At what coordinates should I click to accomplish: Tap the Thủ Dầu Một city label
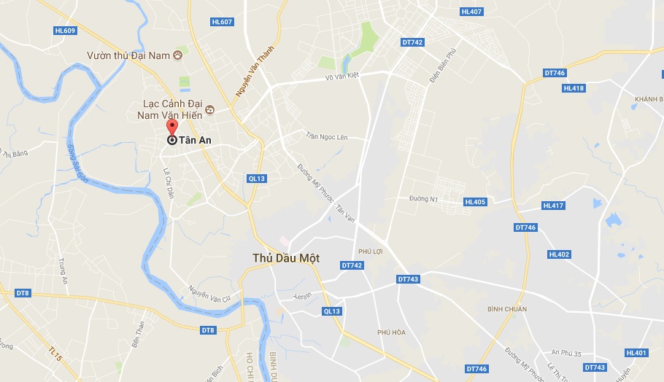coord(285,258)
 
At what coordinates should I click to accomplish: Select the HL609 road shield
coord(65,31)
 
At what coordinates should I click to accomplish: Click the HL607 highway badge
coord(221,22)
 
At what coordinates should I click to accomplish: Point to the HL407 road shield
coord(471,12)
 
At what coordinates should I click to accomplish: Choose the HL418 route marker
coord(574,88)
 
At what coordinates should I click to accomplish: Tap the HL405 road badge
coord(474,202)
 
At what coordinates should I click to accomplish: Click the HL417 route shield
coord(553,206)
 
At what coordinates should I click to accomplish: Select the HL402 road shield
coord(559,254)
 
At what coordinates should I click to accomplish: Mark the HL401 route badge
coord(636,353)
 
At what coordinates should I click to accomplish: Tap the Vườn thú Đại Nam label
coord(129,55)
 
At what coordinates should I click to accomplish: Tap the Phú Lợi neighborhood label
coord(371,252)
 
